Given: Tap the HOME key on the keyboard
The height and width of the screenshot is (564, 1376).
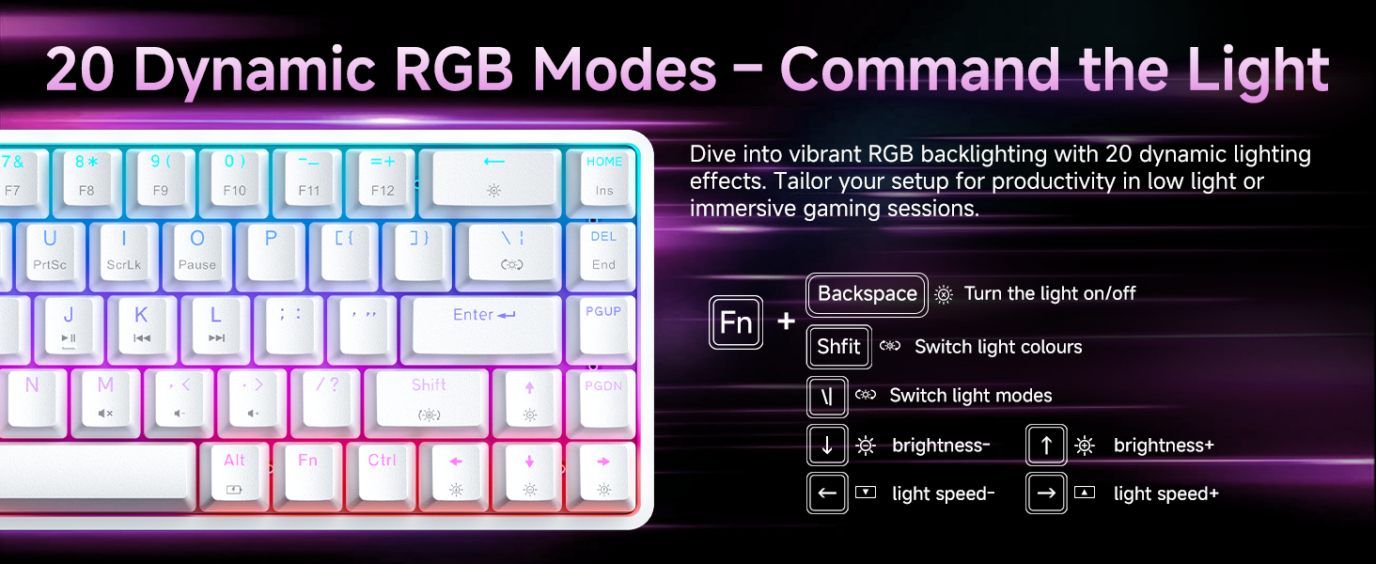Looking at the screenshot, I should click(x=603, y=175).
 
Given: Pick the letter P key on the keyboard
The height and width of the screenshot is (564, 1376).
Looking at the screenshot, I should click(x=271, y=249).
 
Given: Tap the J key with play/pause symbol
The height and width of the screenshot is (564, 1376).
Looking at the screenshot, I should click(x=69, y=325).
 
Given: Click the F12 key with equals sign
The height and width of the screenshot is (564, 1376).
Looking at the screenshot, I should click(x=383, y=175).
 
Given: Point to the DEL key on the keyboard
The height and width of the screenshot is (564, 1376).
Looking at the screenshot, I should click(x=603, y=249).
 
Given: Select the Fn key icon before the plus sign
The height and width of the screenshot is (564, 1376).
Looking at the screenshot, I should click(x=736, y=322).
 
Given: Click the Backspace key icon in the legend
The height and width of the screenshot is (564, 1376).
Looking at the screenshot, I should click(x=867, y=294).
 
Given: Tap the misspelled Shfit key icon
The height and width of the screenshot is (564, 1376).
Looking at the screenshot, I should click(x=838, y=347).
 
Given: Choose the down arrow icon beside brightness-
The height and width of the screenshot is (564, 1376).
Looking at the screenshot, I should click(x=827, y=446).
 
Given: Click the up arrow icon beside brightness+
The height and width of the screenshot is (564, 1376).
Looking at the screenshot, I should click(x=1046, y=446).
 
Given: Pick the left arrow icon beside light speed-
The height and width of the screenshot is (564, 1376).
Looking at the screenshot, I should click(x=827, y=493).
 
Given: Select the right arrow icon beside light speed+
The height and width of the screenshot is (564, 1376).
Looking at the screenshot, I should click(x=1046, y=493).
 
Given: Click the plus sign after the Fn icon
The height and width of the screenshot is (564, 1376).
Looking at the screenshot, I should click(x=786, y=322).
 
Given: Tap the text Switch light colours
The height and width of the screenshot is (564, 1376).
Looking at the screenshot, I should click(x=998, y=347).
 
